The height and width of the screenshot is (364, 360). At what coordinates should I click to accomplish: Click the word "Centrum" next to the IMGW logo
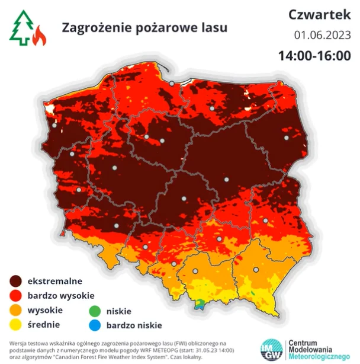(303, 343)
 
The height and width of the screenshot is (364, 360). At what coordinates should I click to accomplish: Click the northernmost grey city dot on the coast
(172, 84)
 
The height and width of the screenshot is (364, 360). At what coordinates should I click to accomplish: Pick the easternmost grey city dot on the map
(287, 138)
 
